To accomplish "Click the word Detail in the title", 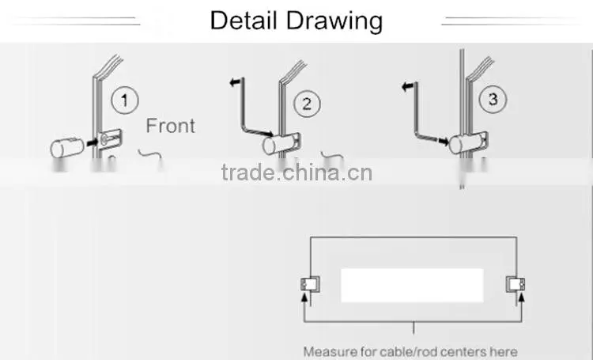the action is click(244, 20).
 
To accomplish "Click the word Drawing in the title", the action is click(334, 22).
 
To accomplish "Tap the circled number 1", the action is click(125, 100).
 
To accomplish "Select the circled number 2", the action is click(307, 104).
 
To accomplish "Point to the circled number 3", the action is click(493, 99).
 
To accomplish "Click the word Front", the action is click(171, 126).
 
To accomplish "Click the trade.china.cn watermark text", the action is click(296, 172).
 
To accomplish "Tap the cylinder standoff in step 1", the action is click(67, 148).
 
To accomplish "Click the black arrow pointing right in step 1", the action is click(92, 142).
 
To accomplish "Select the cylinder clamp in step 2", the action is click(279, 144).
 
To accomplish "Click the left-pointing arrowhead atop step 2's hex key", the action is click(235, 81).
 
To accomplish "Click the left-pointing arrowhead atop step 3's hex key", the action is click(407, 87).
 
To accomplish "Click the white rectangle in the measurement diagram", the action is click(412, 286).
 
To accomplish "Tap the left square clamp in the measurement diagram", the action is click(310, 284).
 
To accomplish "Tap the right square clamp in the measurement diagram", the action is click(516, 284).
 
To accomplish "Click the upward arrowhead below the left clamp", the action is click(304, 297).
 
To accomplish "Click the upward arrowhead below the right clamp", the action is click(522, 297).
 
